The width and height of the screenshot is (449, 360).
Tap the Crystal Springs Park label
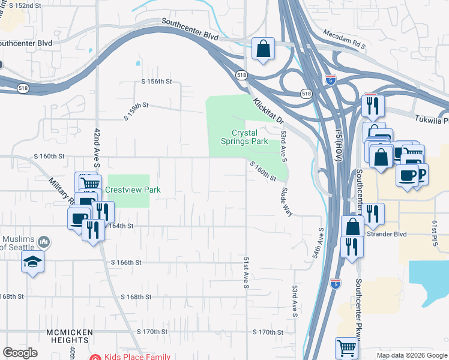pos(250,137)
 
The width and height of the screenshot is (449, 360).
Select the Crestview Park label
pos(133,190)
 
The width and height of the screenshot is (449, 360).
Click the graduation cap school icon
pos(32,262)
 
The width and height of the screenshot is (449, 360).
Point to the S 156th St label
pos(157,81)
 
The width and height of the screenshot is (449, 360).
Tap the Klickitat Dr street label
pos(267,112)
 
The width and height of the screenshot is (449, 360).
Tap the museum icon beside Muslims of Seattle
pos(43,242)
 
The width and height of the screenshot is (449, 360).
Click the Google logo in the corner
pos(20,353)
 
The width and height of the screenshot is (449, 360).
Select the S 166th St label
pos(126,262)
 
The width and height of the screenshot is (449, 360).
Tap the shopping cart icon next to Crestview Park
pos(89,184)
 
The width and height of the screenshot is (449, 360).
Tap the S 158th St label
pos(136,111)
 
